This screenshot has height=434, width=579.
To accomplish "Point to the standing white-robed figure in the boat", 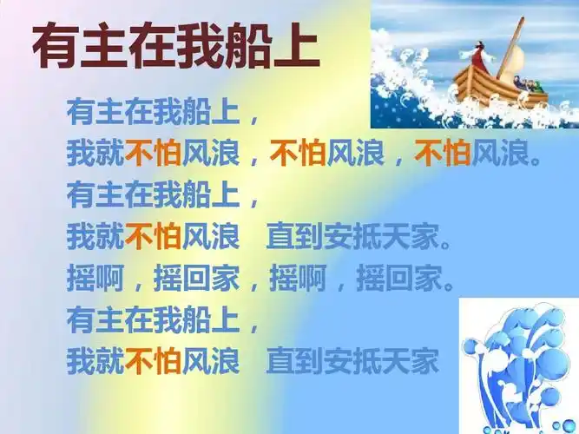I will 481,55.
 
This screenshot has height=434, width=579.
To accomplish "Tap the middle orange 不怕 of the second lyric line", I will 298,154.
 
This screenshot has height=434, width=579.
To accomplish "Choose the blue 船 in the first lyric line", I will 184,112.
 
